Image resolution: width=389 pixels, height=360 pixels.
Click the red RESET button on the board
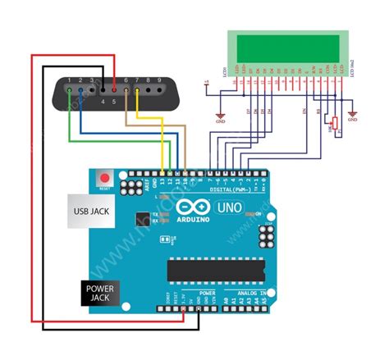tap(104, 177)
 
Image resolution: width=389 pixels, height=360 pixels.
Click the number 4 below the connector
tap(102, 102)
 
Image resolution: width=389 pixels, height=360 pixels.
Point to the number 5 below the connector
tap(113, 102)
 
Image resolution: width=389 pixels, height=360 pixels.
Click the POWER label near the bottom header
tap(208, 293)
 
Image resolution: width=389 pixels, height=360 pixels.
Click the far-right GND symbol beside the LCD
tap(353, 115)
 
